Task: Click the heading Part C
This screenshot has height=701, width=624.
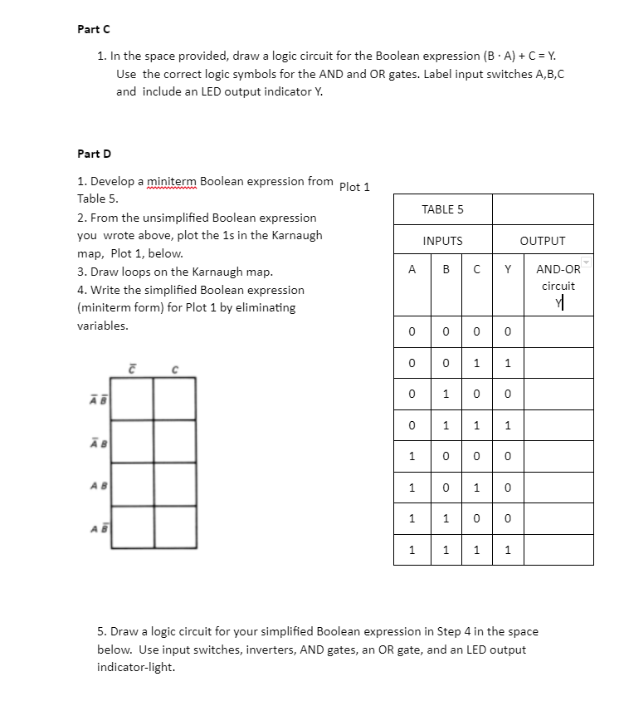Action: coord(94,29)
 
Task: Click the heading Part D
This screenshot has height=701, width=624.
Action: coord(94,154)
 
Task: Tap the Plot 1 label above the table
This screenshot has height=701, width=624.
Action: coord(354,187)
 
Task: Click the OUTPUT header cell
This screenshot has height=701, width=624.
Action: coord(543,241)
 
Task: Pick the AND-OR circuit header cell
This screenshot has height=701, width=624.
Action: coord(558,277)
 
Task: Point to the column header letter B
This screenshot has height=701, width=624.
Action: coord(446,269)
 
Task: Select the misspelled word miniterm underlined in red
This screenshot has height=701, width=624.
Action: coord(172,181)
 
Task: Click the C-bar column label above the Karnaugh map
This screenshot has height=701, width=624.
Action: coord(132,368)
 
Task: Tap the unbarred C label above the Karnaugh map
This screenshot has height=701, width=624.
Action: coord(174,369)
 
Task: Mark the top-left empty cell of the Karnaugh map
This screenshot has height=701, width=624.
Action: coord(132,399)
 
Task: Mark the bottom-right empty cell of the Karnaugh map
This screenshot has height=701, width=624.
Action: coord(174,527)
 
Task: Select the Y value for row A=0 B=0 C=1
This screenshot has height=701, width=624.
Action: coord(507,363)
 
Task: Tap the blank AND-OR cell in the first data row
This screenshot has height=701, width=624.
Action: coord(558,332)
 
